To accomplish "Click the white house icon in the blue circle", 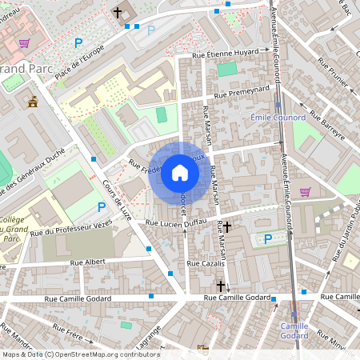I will (180, 172).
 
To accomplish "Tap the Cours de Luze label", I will (118, 198).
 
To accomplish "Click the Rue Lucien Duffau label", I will (175, 222).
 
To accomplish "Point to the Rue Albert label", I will (87, 262).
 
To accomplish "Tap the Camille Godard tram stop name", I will (295, 330).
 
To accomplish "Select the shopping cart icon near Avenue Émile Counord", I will (305, 191).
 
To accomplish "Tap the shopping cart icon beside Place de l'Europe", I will (25, 42).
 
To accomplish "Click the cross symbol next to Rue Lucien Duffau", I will (227, 227).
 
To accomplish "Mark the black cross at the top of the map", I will (118, 13).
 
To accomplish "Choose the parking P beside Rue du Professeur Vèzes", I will (102, 207).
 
